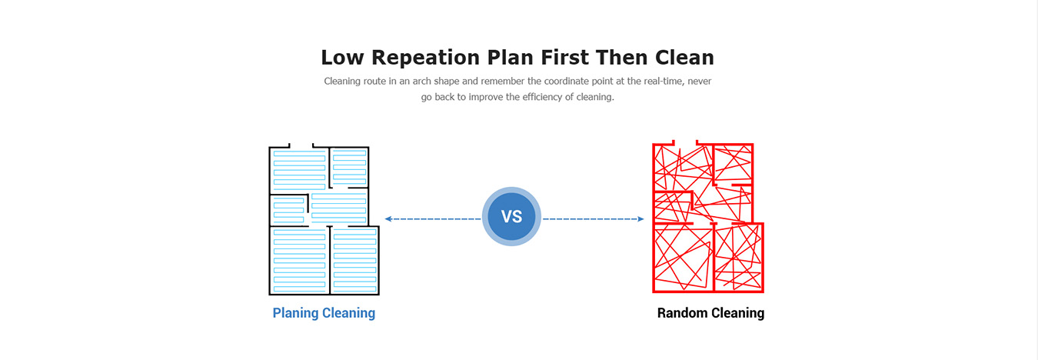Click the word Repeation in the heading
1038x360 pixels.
point(425,58)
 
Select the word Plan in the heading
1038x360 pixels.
point(511,58)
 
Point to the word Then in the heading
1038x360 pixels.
point(621,58)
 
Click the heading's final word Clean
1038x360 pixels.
point(684,58)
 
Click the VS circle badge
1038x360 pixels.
point(511,216)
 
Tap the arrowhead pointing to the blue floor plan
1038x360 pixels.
point(388,219)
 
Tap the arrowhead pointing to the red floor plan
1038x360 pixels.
point(641,219)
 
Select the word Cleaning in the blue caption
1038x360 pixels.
point(349,314)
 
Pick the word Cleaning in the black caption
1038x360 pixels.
point(737,314)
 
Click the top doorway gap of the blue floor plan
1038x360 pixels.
point(301,145)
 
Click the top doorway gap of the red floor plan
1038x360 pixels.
point(685,143)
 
